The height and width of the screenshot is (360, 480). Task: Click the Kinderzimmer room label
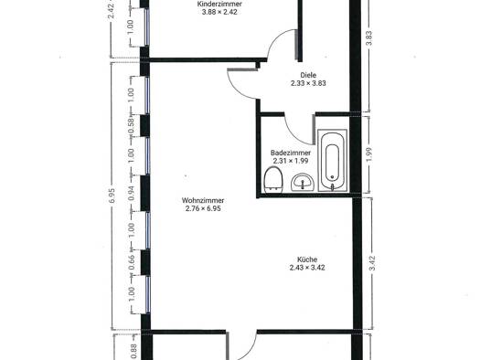(219, 4)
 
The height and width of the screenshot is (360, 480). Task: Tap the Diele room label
(308, 75)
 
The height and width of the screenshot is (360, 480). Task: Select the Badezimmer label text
(291, 153)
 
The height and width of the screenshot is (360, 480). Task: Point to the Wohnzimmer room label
(203, 200)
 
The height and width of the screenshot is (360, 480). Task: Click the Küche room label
(307, 259)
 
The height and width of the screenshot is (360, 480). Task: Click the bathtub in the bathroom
(333, 161)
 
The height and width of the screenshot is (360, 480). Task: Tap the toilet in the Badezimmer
(273, 180)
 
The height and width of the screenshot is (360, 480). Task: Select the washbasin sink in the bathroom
(303, 183)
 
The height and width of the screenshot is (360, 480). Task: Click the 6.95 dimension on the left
(112, 196)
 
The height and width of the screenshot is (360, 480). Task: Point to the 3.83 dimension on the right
(368, 38)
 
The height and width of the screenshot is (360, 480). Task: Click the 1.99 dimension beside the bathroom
(368, 155)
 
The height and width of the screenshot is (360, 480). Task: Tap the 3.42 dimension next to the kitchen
(372, 263)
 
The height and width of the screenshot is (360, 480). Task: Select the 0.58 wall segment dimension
(131, 126)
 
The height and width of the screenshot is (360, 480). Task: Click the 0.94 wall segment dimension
(131, 193)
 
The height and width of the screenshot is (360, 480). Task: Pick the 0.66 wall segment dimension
(131, 262)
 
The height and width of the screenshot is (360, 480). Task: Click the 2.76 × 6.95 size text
(203, 208)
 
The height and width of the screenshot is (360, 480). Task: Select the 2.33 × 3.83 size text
(308, 83)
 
